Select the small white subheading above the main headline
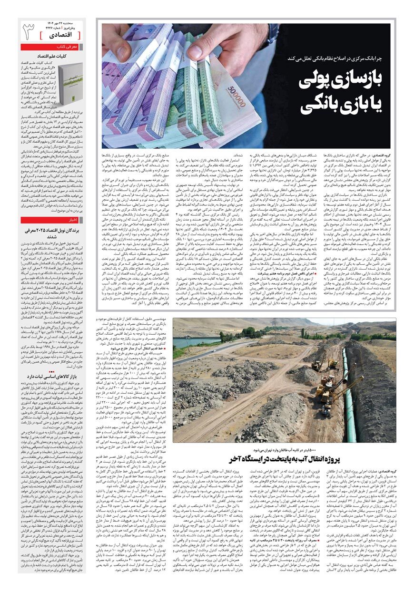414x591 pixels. [333, 58]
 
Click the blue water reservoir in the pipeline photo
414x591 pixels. [190, 342]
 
